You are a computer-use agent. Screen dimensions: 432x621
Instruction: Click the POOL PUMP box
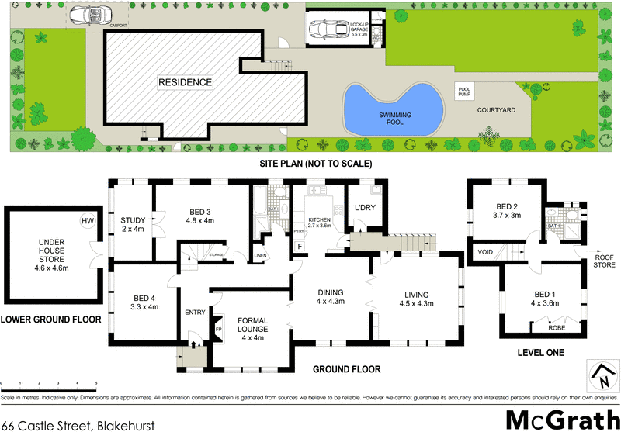click(466, 92)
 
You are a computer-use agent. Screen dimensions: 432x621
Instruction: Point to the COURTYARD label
click(497, 111)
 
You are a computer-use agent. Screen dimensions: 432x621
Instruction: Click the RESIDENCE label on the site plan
click(186, 81)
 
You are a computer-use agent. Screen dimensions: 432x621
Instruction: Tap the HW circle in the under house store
click(87, 222)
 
